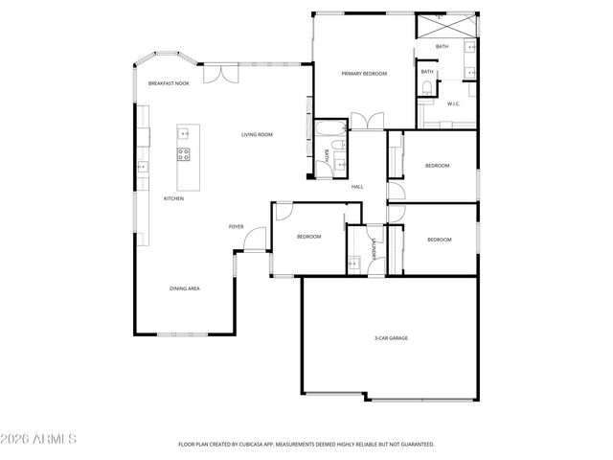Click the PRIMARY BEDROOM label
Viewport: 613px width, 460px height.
click(x=364, y=74)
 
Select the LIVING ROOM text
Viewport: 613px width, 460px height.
click(x=257, y=135)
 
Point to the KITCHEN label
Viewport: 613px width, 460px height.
click(x=173, y=198)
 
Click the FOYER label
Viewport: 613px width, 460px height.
click(x=236, y=227)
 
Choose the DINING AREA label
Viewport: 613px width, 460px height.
click(x=185, y=288)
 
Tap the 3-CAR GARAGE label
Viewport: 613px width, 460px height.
click(x=391, y=338)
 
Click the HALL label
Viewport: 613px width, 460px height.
click(x=357, y=187)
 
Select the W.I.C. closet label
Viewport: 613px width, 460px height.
click(x=454, y=103)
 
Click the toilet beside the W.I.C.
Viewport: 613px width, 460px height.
click(x=425, y=90)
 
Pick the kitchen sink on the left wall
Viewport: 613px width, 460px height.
click(x=142, y=166)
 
